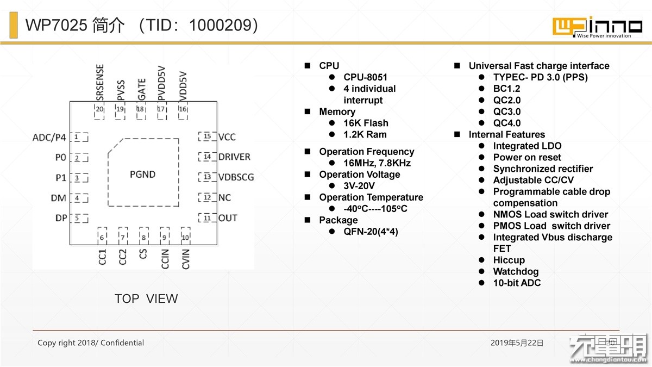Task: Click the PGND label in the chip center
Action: (x=142, y=175)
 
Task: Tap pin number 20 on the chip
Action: (x=99, y=109)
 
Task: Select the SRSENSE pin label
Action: (x=100, y=83)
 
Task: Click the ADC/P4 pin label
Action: (x=49, y=138)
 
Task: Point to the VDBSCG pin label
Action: (x=236, y=177)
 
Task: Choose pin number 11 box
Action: (x=207, y=218)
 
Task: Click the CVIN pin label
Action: (x=185, y=259)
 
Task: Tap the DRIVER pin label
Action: (x=234, y=157)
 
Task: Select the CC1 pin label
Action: (x=102, y=257)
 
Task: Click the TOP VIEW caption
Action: (x=146, y=298)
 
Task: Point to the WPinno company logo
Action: (x=597, y=27)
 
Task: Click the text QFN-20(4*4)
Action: (x=371, y=232)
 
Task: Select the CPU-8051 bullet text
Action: (x=365, y=77)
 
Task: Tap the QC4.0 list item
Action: (x=507, y=123)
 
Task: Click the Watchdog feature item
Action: (x=516, y=271)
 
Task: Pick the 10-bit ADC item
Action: (x=517, y=283)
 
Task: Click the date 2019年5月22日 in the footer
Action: (x=517, y=343)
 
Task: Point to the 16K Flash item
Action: (x=366, y=123)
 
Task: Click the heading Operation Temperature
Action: (x=371, y=197)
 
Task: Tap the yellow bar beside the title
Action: (x=14, y=25)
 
